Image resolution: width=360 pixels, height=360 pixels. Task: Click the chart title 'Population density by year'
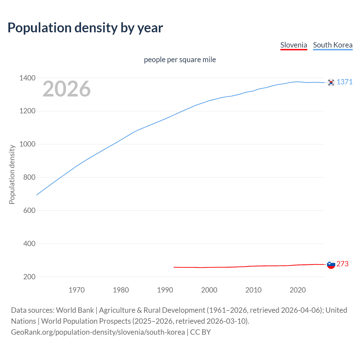tap(85, 28)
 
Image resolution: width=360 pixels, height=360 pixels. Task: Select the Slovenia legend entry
tap(293, 45)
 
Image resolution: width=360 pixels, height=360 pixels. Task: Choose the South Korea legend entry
tap(332, 45)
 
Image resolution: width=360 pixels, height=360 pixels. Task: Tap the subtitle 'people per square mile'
tap(180, 60)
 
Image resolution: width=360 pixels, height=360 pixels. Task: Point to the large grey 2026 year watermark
tap(67, 89)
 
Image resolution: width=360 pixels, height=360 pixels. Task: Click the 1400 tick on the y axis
tap(27, 78)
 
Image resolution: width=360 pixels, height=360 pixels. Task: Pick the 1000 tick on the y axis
tap(27, 144)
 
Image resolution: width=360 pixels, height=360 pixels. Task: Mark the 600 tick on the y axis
tap(29, 210)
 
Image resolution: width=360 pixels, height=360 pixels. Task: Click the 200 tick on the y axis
tap(29, 277)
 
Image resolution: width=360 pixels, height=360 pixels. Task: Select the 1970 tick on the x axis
tap(76, 290)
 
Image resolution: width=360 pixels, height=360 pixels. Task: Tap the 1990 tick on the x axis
tap(165, 290)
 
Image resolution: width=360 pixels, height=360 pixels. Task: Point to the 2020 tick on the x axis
tap(298, 290)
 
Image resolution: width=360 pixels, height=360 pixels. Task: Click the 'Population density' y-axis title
tap(12, 174)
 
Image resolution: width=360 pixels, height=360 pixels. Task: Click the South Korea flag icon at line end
tap(331, 82)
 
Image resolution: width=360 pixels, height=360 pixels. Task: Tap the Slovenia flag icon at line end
tap(331, 264)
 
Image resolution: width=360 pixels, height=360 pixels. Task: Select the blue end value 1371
tap(345, 82)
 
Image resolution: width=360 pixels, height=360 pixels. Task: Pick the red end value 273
tap(342, 264)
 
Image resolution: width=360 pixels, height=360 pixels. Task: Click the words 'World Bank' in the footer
tap(75, 310)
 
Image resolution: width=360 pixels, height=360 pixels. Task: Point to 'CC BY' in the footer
tap(200, 332)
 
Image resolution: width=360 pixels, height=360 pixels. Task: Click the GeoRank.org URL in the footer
tap(98, 332)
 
